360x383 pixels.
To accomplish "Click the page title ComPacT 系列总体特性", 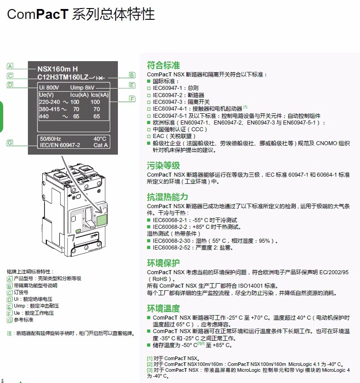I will tap(81, 14).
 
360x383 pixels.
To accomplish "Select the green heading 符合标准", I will tap(163, 66).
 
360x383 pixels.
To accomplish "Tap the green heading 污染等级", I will tap(163, 165).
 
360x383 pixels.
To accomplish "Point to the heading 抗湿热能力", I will tap(167, 197).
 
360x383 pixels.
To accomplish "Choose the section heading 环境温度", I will tap(163, 308).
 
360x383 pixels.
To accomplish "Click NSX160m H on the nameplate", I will tap(57, 69).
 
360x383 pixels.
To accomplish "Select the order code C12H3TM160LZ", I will tap(63, 77).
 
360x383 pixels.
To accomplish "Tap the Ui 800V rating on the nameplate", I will tap(49, 87).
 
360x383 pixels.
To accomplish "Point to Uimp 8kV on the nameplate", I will tap(82, 87).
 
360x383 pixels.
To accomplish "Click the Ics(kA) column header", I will tap(99, 95).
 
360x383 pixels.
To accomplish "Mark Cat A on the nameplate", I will tap(100, 145).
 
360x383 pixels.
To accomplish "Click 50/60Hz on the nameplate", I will tap(50, 138).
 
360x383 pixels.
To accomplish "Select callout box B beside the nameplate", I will tap(132, 75).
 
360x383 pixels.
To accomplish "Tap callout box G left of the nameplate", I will tap(10, 143).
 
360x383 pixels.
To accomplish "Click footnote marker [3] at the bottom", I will tap(150, 370).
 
